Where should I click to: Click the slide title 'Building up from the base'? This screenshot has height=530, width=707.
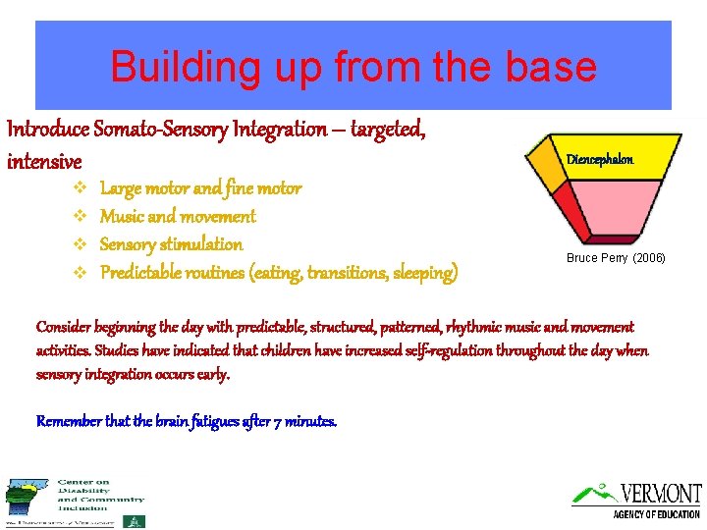pyautogui.click(x=353, y=67)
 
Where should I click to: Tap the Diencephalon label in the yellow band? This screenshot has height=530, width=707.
pyautogui.click(x=599, y=159)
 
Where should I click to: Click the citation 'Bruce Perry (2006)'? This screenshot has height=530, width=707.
pyautogui.click(x=616, y=258)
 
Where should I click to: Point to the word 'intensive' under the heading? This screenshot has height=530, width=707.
pyautogui.click(x=44, y=160)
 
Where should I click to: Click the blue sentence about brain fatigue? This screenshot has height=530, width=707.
pyautogui.click(x=187, y=421)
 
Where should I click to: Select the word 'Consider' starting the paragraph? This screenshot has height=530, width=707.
pyautogui.click(x=62, y=327)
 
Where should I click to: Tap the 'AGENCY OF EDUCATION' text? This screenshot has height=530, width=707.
pyautogui.click(x=657, y=514)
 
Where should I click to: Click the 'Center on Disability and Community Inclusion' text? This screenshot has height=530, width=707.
pyautogui.click(x=98, y=495)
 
